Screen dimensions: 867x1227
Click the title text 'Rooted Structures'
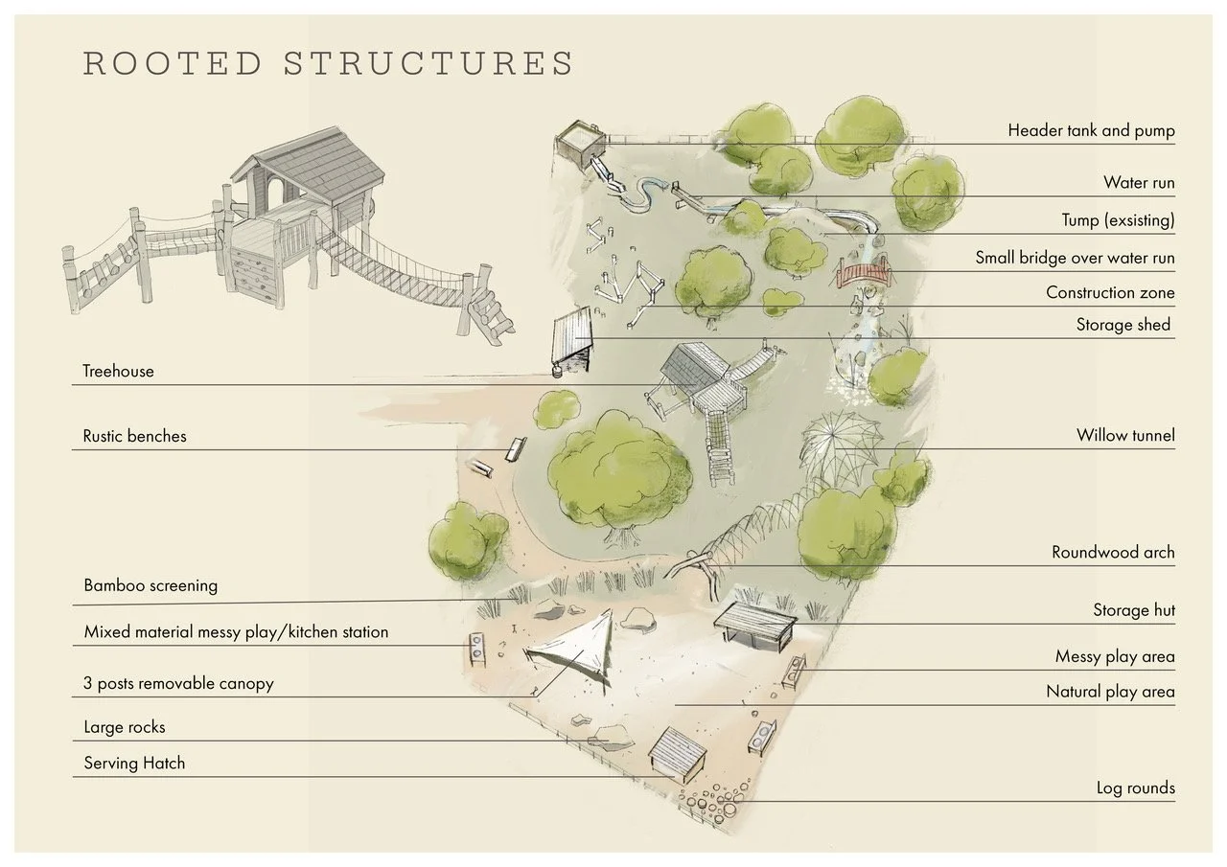coord(328,63)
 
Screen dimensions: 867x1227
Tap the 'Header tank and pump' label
coord(1091,130)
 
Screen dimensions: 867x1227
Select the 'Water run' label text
coord(1138,183)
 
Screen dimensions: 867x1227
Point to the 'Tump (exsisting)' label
coord(1117,220)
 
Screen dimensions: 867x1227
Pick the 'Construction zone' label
coord(1109,292)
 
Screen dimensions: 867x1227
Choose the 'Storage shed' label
coord(1123,325)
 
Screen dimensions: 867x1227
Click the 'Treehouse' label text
coord(118,371)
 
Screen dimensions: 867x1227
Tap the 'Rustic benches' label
coord(134,436)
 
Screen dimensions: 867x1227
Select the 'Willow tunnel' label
coord(1124,436)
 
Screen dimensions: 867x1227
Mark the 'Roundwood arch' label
coord(1112,552)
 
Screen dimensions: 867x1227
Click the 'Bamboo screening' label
coord(150,585)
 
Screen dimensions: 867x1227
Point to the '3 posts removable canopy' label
coord(178,684)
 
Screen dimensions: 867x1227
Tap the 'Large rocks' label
coord(125,727)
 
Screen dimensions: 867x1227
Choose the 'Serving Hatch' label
coord(134,764)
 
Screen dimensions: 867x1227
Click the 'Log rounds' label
coord(1135,788)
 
